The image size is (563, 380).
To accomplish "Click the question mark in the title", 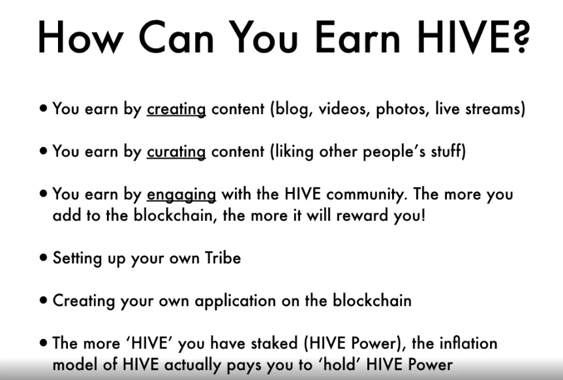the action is click(x=520, y=37).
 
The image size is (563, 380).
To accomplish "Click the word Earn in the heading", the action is click(x=358, y=37).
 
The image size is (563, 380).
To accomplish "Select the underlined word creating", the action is click(x=176, y=109).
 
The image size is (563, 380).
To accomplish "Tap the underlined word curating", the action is click(x=176, y=151).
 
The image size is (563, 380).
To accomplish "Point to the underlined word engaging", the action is click(x=181, y=195).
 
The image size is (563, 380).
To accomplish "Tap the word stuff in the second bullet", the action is click(x=446, y=151).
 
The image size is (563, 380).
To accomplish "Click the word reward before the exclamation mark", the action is click(x=362, y=215).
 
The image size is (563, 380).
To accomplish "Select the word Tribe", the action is click(x=223, y=258).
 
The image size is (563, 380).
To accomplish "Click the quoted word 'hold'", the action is click(x=336, y=364).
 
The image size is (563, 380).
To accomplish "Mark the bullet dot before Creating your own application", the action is click(x=44, y=300).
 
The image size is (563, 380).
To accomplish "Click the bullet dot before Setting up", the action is click(x=44, y=258).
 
